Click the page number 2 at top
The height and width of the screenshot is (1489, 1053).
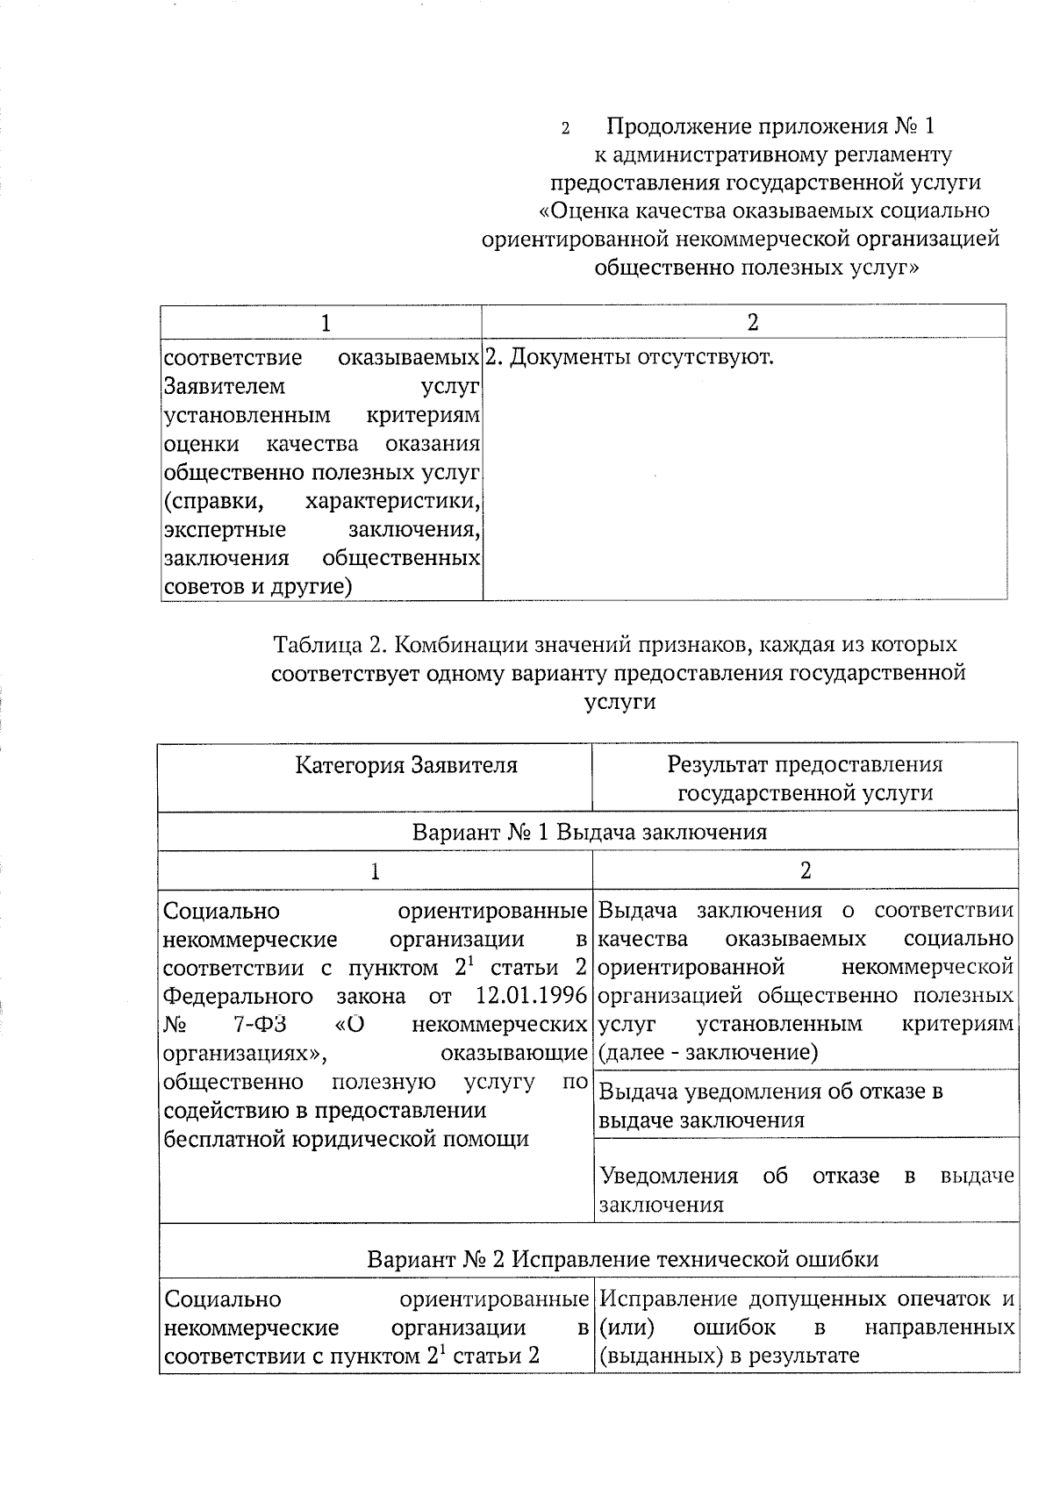pos(566,128)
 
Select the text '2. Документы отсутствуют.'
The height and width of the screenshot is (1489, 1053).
pos(629,358)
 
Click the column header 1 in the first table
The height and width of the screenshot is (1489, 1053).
pos(326,322)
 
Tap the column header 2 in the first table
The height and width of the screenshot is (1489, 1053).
pos(752,322)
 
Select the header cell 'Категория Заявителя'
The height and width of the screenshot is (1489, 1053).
pos(405,765)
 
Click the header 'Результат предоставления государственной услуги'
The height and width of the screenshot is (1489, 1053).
pos(805,778)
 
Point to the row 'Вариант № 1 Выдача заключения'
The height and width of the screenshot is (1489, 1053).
pos(589,832)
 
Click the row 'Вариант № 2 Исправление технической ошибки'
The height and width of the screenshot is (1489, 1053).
pos(622,1259)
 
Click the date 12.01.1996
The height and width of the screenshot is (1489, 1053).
pos(531,996)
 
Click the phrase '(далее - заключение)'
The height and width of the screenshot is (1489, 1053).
pos(707,1052)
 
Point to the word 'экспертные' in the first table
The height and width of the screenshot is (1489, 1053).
pos(225,530)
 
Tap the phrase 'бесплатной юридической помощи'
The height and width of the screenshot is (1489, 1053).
pos(347,1139)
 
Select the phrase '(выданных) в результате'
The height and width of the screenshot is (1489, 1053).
pos(728,1356)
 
